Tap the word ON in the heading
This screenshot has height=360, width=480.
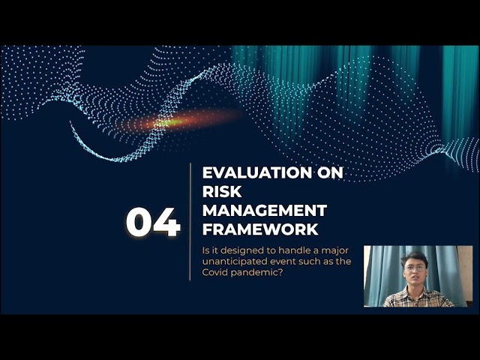pyautogui.click(x=330, y=172)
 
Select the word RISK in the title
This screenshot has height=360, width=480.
pyautogui.click(x=222, y=192)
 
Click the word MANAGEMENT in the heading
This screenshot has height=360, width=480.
pyautogui.click(x=265, y=211)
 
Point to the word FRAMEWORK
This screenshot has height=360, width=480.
pyautogui.click(x=260, y=229)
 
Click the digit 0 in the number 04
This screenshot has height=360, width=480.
pyautogui.click(x=139, y=222)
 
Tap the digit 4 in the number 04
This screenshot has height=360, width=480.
pyautogui.click(x=166, y=222)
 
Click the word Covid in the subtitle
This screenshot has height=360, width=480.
pyautogui.click(x=215, y=272)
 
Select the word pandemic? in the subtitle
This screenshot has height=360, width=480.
pyautogui.click(x=256, y=273)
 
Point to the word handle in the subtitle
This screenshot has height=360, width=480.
pyautogui.click(x=293, y=250)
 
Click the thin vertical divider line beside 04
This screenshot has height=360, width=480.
pyautogui.click(x=190, y=222)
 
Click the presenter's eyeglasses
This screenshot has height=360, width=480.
pyautogui.click(x=415, y=268)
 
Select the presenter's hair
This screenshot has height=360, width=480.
pyautogui.click(x=414, y=259)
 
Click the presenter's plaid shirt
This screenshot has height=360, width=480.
pyautogui.click(x=417, y=298)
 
